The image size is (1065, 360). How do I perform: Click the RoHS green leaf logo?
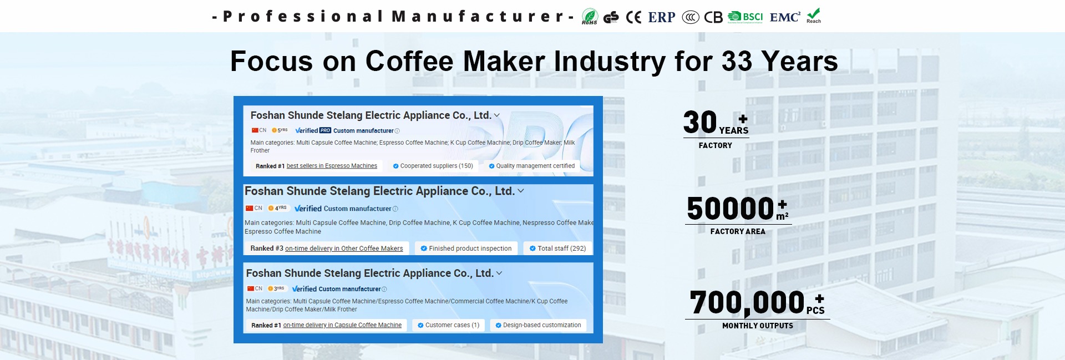pos(590,17)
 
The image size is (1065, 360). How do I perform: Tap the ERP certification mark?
pos(662,18)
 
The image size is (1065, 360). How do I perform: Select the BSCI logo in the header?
pos(745,17)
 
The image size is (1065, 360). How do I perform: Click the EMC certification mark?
pos(785,17)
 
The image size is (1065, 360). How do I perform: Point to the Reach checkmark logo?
pos(814,16)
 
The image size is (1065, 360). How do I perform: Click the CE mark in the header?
pos(633,18)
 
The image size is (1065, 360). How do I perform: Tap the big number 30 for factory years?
pos(700,122)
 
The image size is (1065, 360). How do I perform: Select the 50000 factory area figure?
pos(730,209)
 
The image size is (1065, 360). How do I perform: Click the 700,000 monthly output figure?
pos(747,303)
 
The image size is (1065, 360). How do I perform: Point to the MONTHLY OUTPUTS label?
pos(758,326)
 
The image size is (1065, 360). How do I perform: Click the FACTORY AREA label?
pos(738,232)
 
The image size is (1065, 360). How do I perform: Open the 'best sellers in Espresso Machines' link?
pos(332,166)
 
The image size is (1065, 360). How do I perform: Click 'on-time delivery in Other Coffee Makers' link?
pos(344,249)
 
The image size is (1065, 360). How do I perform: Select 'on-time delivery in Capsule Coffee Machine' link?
pos(342,325)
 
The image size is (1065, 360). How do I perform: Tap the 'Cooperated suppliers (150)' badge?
pos(433,166)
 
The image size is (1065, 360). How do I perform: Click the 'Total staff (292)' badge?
pos(557,249)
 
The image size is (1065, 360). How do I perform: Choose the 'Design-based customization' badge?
pos(538,325)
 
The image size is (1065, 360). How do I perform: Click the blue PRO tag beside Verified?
pos(325,130)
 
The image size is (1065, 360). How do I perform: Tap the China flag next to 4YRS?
pos(250,208)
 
